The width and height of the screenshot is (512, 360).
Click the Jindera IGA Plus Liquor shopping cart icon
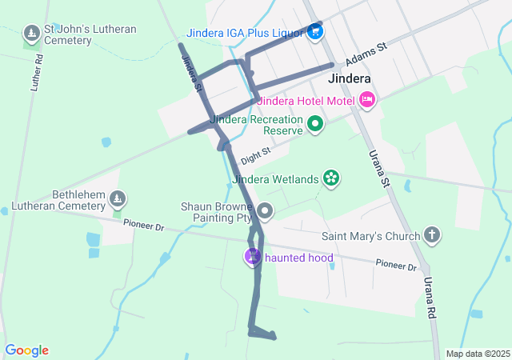pyautogui.click(x=315, y=33)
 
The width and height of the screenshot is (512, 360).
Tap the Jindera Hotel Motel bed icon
pyautogui.click(x=367, y=100)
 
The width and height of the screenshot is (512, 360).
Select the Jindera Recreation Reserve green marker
pyautogui.click(x=315, y=124)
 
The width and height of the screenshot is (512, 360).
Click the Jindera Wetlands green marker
pyautogui.click(x=330, y=178)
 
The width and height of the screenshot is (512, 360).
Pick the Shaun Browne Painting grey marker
pyautogui.click(x=265, y=212)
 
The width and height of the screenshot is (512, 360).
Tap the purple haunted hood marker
pyautogui.click(x=253, y=257)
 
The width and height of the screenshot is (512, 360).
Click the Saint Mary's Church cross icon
pyautogui.click(x=432, y=235)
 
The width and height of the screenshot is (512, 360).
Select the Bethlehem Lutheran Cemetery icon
pyautogui.click(x=118, y=198)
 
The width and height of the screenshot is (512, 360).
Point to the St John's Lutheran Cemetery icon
pyautogui.click(x=32, y=34)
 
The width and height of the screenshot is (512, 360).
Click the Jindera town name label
pyautogui.click(x=350, y=79)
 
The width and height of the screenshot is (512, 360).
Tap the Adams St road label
pyautogui.click(x=366, y=54)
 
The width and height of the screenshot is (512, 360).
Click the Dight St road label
pyautogui.click(x=256, y=150)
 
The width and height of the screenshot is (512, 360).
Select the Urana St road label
pyautogui.click(x=378, y=169)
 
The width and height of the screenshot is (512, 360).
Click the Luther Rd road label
pyautogui.click(x=34, y=73)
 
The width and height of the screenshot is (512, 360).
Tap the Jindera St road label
pyautogui.click(x=190, y=72)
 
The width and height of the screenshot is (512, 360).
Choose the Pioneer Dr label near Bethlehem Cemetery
pyautogui.click(x=143, y=227)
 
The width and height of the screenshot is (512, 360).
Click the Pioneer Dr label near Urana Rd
pyautogui.click(x=397, y=266)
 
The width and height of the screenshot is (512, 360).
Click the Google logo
pyautogui.click(x=27, y=350)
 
